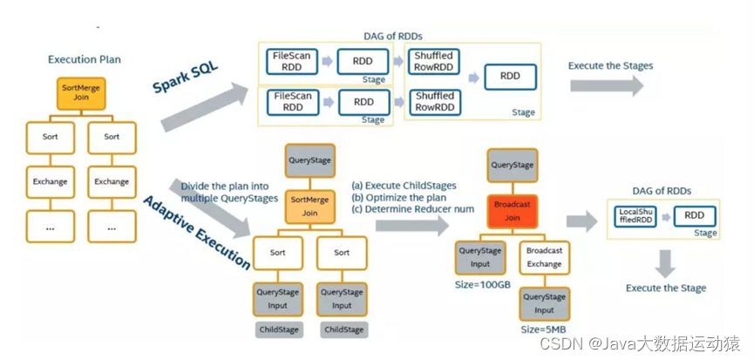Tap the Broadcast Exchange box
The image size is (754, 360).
pyautogui.click(x=544, y=255)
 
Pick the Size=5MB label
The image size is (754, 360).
pyautogui.click(x=542, y=329)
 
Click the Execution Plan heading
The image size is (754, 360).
pyautogui.click(x=84, y=59)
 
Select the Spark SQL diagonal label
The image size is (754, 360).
pyautogui.click(x=185, y=76)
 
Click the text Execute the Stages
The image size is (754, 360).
pyautogui.click(x=610, y=65)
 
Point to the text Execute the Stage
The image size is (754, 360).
pyautogui.click(x=666, y=289)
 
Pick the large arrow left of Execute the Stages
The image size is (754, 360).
pyautogui.click(x=607, y=85)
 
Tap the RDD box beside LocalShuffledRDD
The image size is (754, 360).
pyautogui.click(x=694, y=216)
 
